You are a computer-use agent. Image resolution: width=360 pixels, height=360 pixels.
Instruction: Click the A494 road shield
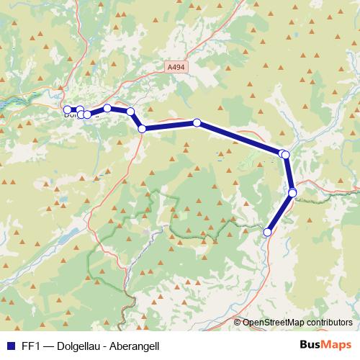click(175, 67)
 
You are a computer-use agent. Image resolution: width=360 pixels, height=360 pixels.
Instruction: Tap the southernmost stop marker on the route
click(268, 232)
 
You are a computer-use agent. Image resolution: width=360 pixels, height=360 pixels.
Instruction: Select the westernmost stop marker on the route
click(67, 109)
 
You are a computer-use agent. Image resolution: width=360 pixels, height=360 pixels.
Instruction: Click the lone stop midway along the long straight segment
click(197, 123)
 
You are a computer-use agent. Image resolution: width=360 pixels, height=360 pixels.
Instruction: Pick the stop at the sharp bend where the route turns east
click(143, 129)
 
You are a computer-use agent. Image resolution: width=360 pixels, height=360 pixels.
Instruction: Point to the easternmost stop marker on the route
click(293, 192)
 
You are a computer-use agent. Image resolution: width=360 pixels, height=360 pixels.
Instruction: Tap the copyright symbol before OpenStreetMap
click(238, 323)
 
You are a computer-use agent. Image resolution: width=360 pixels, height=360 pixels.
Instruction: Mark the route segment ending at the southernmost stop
click(280, 212)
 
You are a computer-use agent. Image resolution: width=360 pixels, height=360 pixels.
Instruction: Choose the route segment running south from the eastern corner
click(289, 174)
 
